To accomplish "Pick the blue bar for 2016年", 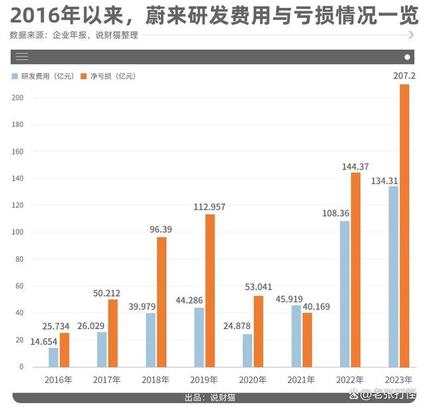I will click(x=53, y=356).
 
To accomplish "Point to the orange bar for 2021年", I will click(x=307, y=339).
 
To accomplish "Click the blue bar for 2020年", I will click(x=248, y=350).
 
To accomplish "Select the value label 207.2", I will click(x=404, y=76).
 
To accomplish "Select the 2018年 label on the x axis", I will click(x=156, y=380).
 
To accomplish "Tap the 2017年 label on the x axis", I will click(x=107, y=380).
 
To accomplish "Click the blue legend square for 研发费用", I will click(x=15, y=76).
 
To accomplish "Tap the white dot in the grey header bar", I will click(x=407, y=57).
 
